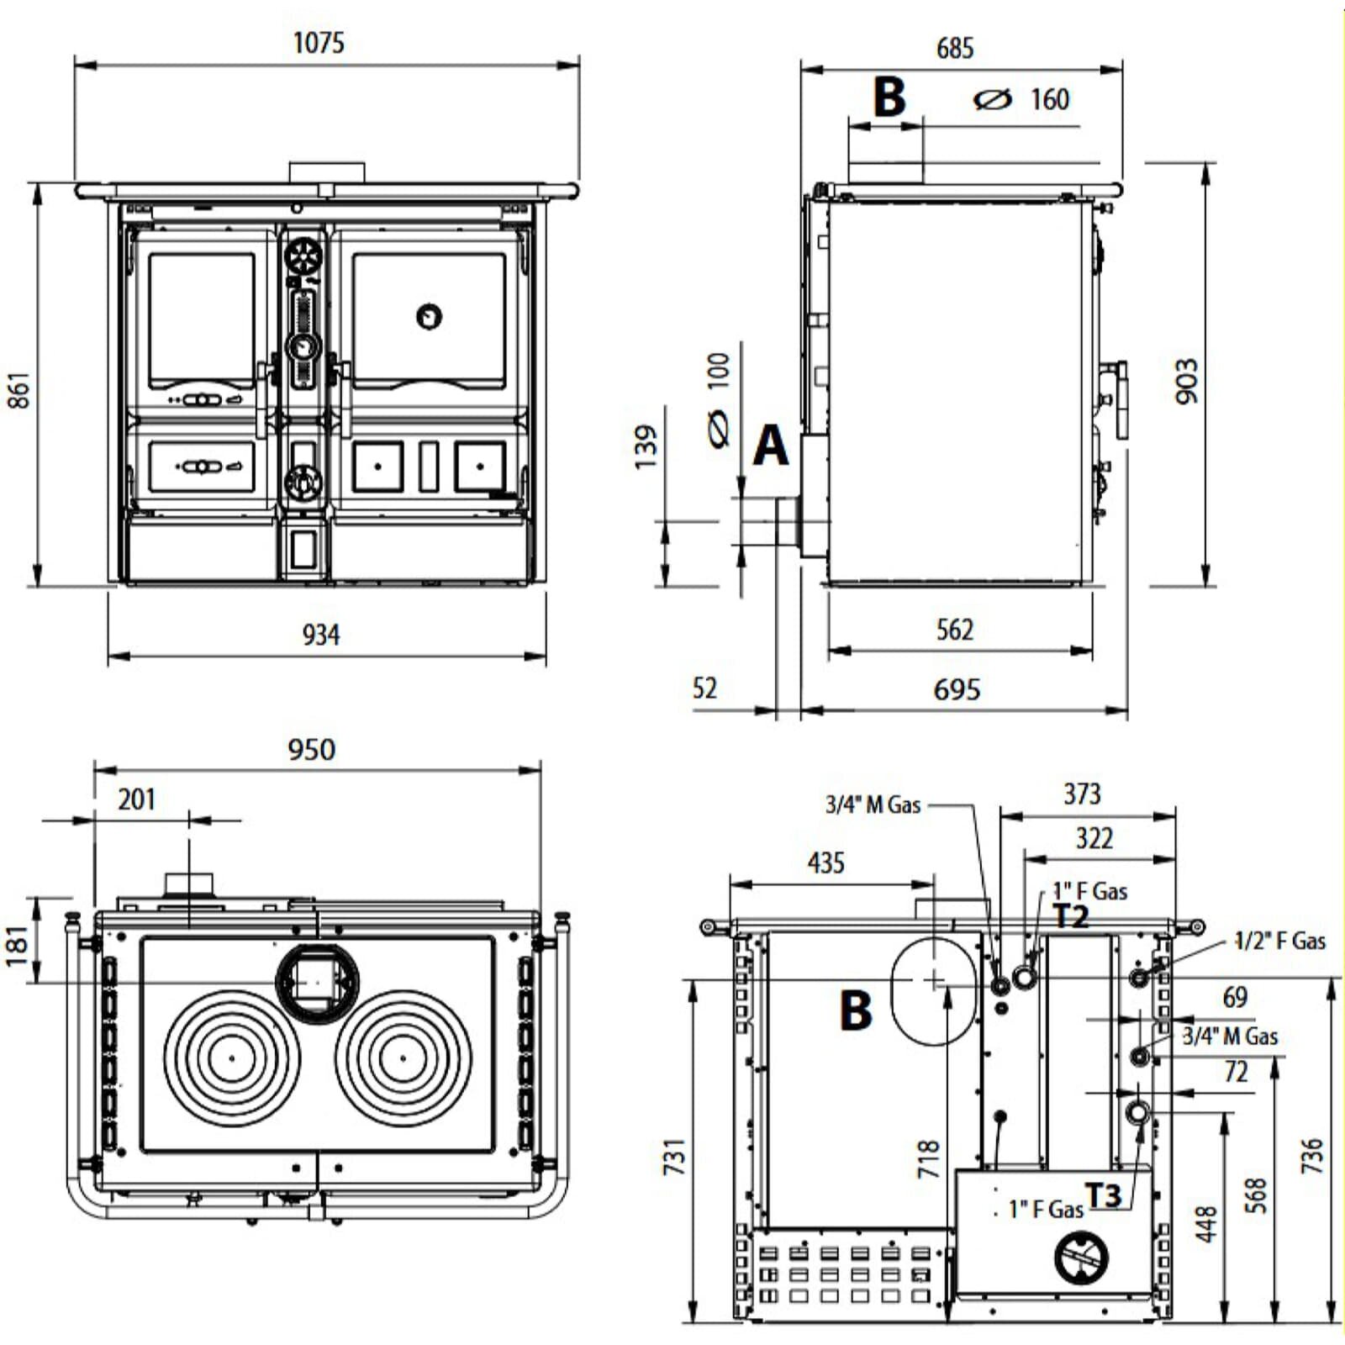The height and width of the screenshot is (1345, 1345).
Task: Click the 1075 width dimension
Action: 319,43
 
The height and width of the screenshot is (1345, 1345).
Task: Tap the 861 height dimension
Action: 18,390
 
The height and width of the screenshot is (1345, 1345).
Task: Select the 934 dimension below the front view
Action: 321,635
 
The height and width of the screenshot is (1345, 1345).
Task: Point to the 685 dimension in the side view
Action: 955,48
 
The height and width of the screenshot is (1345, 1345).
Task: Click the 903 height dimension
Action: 1186,381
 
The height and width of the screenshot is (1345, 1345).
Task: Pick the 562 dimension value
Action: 955,630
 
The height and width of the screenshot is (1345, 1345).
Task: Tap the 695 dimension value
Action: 957,690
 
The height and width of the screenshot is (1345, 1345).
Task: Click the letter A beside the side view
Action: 771,445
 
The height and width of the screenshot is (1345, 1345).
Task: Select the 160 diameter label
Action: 1050,99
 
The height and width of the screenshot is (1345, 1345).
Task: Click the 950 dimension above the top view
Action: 312,749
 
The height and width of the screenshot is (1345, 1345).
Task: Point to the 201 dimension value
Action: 136,799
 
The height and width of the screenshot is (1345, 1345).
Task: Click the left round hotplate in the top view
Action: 232,1058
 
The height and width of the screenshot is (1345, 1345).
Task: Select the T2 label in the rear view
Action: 1071,916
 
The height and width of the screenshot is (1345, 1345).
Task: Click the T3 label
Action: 1103,1195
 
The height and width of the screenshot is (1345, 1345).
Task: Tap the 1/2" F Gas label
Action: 1279,941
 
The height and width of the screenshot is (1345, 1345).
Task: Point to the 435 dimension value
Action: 825,862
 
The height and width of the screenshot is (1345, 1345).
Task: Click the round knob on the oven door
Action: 430,316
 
